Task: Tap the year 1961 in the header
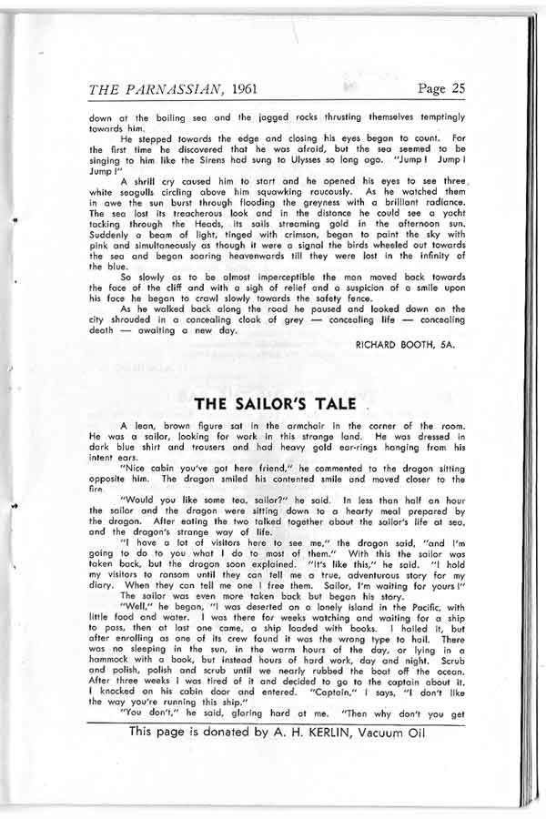tap(250, 88)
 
